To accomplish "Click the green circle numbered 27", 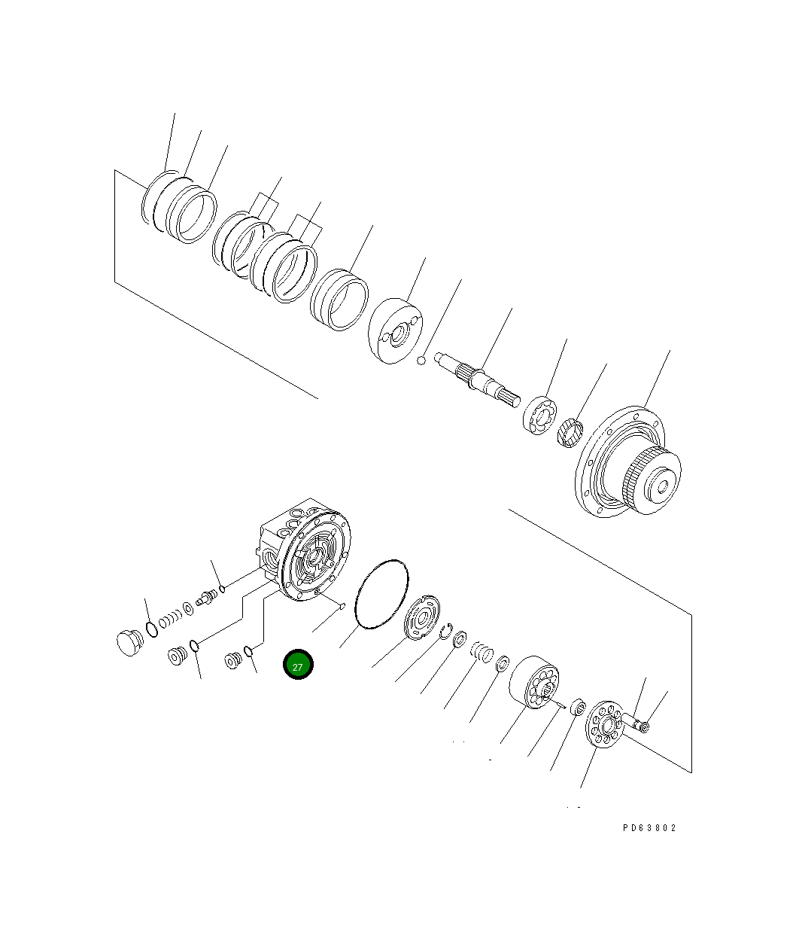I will [x=297, y=665].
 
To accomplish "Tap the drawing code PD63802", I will [x=649, y=827].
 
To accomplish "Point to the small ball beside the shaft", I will [x=423, y=361].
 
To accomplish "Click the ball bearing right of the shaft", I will [x=539, y=416].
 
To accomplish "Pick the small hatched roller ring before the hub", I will [x=572, y=432].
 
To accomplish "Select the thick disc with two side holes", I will [x=396, y=330].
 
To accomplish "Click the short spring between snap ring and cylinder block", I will [x=481, y=650].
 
